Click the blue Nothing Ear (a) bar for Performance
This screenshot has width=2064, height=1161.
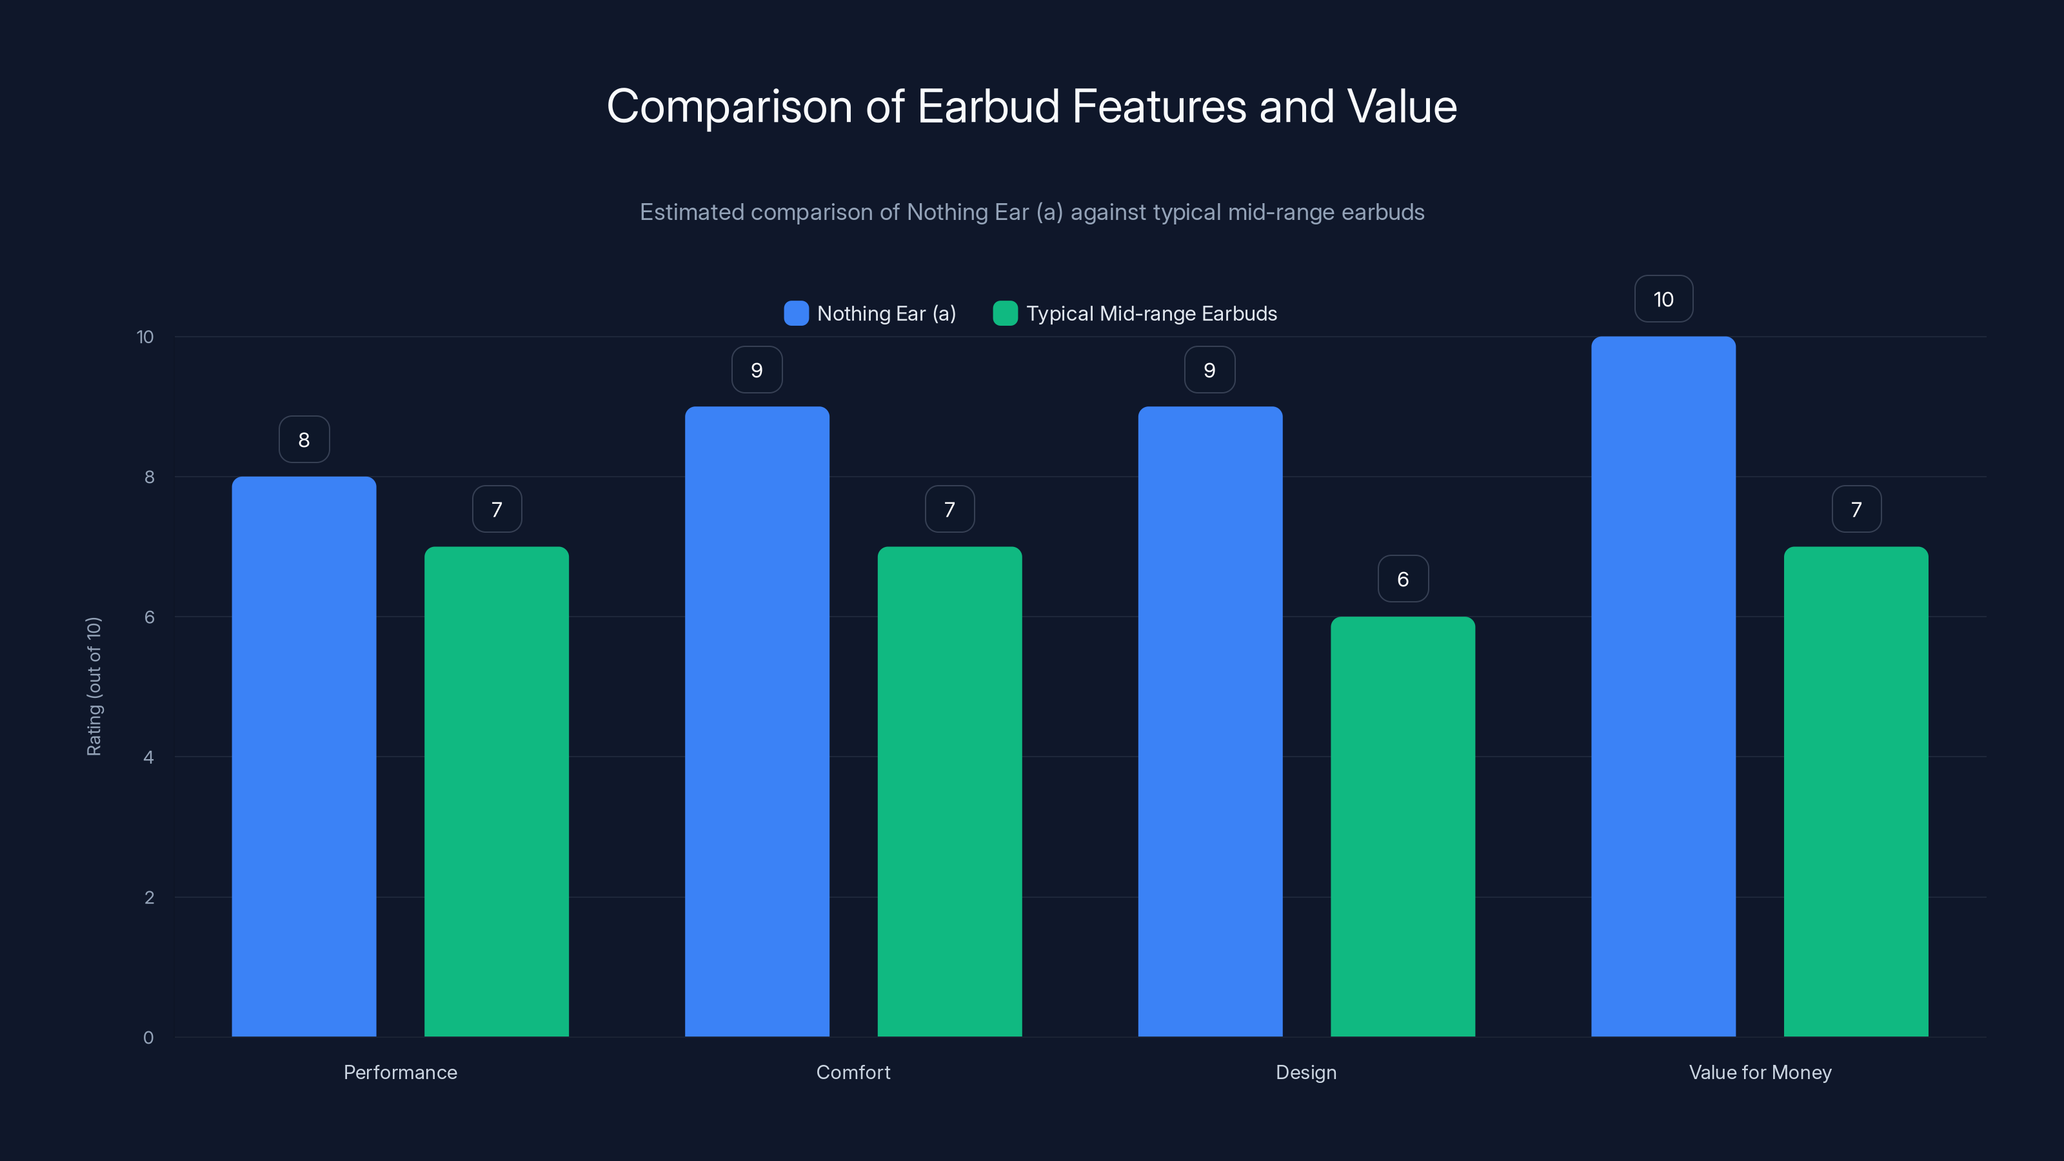pyautogui.click(x=304, y=757)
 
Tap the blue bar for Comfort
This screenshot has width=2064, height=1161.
pyautogui.click(x=757, y=721)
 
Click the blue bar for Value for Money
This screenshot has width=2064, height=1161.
pyautogui.click(x=1663, y=687)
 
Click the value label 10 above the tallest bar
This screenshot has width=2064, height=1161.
pyautogui.click(x=1663, y=299)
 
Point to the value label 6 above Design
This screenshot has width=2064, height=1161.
pyautogui.click(x=1403, y=579)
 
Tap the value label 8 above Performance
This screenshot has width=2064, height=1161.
pyautogui.click(x=304, y=439)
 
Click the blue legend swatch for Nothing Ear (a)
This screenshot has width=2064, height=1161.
pyautogui.click(x=796, y=313)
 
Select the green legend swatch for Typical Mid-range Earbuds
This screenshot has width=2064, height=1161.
pyautogui.click(x=1005, y=313)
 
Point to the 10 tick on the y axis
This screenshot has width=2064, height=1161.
pyautogui.click(x=145, y=337)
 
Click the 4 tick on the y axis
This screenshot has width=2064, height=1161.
pyautogui.click(x=148, y=757)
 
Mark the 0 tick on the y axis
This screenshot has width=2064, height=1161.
pyautogui.click(x=148, y=1038)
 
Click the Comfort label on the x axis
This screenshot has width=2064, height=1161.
pyautogui.click(x=853, y=1072)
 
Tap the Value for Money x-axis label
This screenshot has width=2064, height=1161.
pyautogui.click(x=1760, y=1072)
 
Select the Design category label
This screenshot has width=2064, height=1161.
pyautogui.click(x=1306, y=1072)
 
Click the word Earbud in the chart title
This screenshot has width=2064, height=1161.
pyautogui.click(x=988, y=106)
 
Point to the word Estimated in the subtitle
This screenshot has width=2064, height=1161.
pyautogui.click(x=691, y=212)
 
